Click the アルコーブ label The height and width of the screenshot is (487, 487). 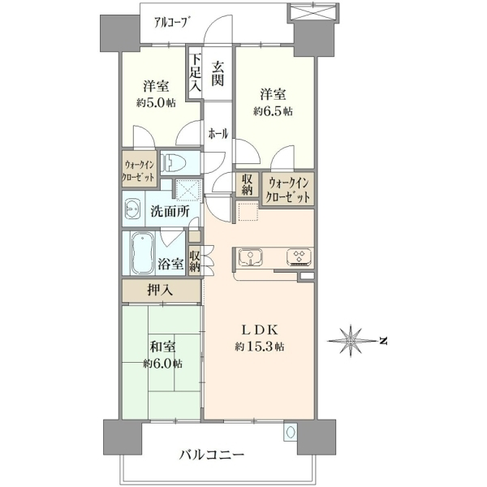(x=172, y=23)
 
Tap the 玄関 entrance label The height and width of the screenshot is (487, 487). (x=218, y=74)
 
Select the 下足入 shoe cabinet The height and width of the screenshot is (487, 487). (x=195, y=73)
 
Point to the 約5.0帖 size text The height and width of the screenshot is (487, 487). (x=156, y=103)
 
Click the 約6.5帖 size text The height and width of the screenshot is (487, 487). (x=273, y=111)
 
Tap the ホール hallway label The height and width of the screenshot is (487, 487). (x=218, y=134)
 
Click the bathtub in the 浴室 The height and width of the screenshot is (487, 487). (x=143, y=253)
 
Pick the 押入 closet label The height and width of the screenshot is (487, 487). (x=160, y=290)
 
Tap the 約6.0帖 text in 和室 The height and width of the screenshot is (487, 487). (x=163, y=364)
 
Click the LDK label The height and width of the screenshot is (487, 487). (x=260, y=330)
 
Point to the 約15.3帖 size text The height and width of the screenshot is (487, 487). (x=260, y=347)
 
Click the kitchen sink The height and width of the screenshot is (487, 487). (x=250, y=256)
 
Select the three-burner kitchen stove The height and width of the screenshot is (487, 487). (x=300, y=256)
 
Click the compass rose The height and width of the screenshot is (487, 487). (x=351, y=340)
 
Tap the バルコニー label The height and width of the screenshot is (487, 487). (x=212, y=455)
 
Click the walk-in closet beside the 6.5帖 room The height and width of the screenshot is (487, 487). (x=289, y=189)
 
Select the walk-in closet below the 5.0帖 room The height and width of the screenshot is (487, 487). (x=139, y=170)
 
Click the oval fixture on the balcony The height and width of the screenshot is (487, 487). (x=291, y=432)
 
